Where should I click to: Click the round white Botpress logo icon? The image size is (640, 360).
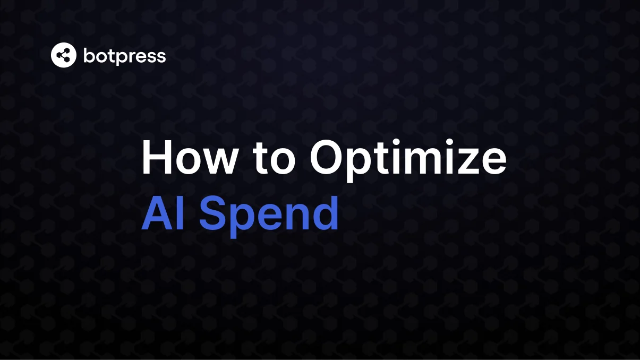64,55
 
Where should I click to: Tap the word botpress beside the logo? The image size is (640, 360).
125,55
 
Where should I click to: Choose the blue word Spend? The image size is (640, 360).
269,214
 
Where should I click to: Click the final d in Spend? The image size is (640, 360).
325,212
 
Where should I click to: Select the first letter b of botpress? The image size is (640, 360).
88,55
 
